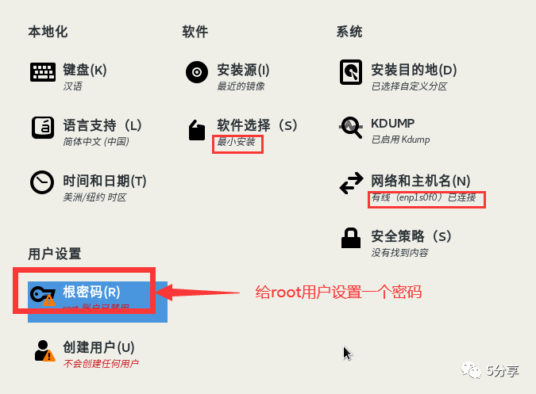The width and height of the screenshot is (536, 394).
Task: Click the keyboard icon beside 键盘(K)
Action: pyautogui.click(x=42, y=72)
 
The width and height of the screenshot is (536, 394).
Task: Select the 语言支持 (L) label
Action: pyautogui.click(x=102, y=125)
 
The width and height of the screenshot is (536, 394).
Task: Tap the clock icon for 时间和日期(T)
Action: pyautogui.click(x=42, y=182)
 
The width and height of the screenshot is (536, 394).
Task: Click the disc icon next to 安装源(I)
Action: pyautogui.click(x=196, y=72)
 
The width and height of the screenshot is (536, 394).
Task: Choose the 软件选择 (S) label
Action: pyautogui.click(x=256, y=125)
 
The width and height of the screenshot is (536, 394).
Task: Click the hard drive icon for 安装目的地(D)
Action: pyautogui.click(x=350, y=72)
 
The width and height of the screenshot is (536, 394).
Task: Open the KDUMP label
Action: pyautogui.click(x=392, y=124)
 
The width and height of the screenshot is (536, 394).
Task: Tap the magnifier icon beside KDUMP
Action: pyautogui.click(x=350, y=127)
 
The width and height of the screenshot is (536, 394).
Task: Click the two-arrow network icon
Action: pyautogui.click(x=350, y=184)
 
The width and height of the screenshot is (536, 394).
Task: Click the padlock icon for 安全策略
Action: pyautogui.click(x=350, y=238)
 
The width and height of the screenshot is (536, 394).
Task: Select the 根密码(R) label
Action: pyautogui.click(x=91, y=292)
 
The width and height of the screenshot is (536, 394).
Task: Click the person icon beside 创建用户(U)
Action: pyautogui.click(x=42, y=350)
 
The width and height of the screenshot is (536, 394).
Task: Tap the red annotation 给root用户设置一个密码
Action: pyautogui.click(x=338, y=292)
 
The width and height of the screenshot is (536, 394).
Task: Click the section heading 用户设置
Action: pyautogui.click(x=55, y=254)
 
